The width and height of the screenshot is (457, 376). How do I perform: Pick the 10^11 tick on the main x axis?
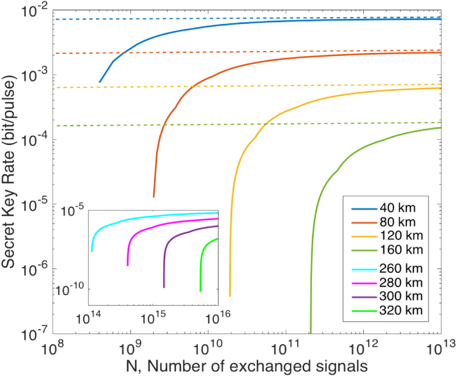click(286, 345)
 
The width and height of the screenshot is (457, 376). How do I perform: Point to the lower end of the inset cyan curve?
click(91, 251)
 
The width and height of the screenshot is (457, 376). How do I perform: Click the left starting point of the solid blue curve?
click(99, 82)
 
